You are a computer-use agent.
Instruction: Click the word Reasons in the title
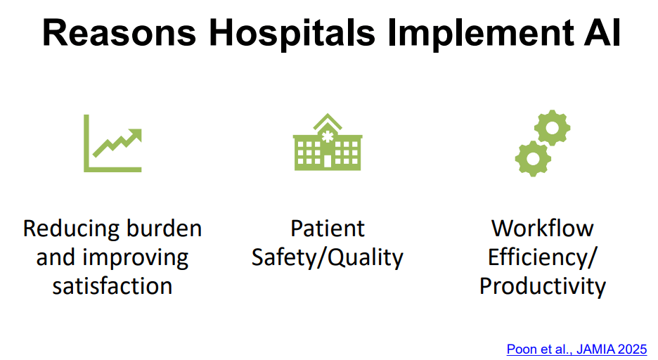tap(120, 33)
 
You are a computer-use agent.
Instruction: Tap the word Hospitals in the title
tap(292, 34)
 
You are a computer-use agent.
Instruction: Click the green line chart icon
tap(112, 143)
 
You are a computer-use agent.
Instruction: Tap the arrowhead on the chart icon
tap(136, 135)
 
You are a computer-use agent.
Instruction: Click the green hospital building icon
tap(328, 142)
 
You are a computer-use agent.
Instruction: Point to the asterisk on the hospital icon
tap(328, 136)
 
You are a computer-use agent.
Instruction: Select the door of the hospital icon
tap(328, 162)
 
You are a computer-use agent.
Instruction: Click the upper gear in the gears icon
tap(552, 128)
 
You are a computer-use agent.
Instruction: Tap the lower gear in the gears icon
tap(533, 159)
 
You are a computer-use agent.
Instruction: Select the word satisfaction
tap(112, 286)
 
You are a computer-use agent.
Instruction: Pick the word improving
tap(135, 258)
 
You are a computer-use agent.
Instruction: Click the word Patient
tap(328, 229)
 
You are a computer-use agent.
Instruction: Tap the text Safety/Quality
tap(328, 257)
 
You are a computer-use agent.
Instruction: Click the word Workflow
tap(542, 229)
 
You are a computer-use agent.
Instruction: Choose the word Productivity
tap(542, 287)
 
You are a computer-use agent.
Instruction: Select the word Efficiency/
tap(542, 257)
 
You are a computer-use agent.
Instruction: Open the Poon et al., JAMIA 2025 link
tap(576, 349)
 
